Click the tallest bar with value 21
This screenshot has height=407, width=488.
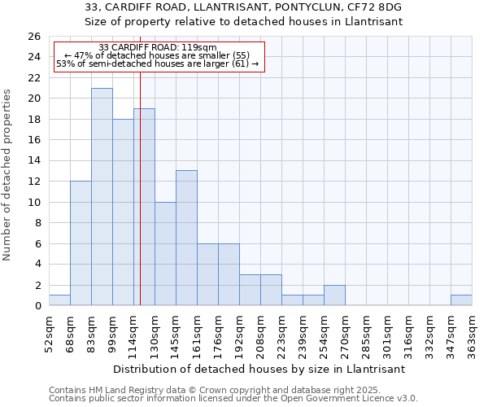[102, 196]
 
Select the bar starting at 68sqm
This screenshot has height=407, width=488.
[81, 243]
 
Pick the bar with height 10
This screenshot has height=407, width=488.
[165, 253]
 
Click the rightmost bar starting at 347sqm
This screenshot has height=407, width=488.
[461, 300]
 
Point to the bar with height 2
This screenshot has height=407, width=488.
[334, 295]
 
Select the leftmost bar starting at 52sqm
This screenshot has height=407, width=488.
[59, 300]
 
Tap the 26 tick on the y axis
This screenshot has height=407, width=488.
[34, 37]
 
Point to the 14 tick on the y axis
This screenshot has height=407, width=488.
[34, 161]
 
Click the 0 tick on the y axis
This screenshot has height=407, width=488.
[37, 306]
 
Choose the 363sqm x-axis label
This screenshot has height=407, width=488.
[473, 334]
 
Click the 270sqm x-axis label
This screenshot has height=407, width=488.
[346, 334]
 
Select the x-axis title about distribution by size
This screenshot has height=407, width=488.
[259, 369]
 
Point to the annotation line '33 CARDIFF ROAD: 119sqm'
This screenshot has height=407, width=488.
[158, 48]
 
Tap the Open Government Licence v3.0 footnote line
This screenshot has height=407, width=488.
[233, 399]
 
